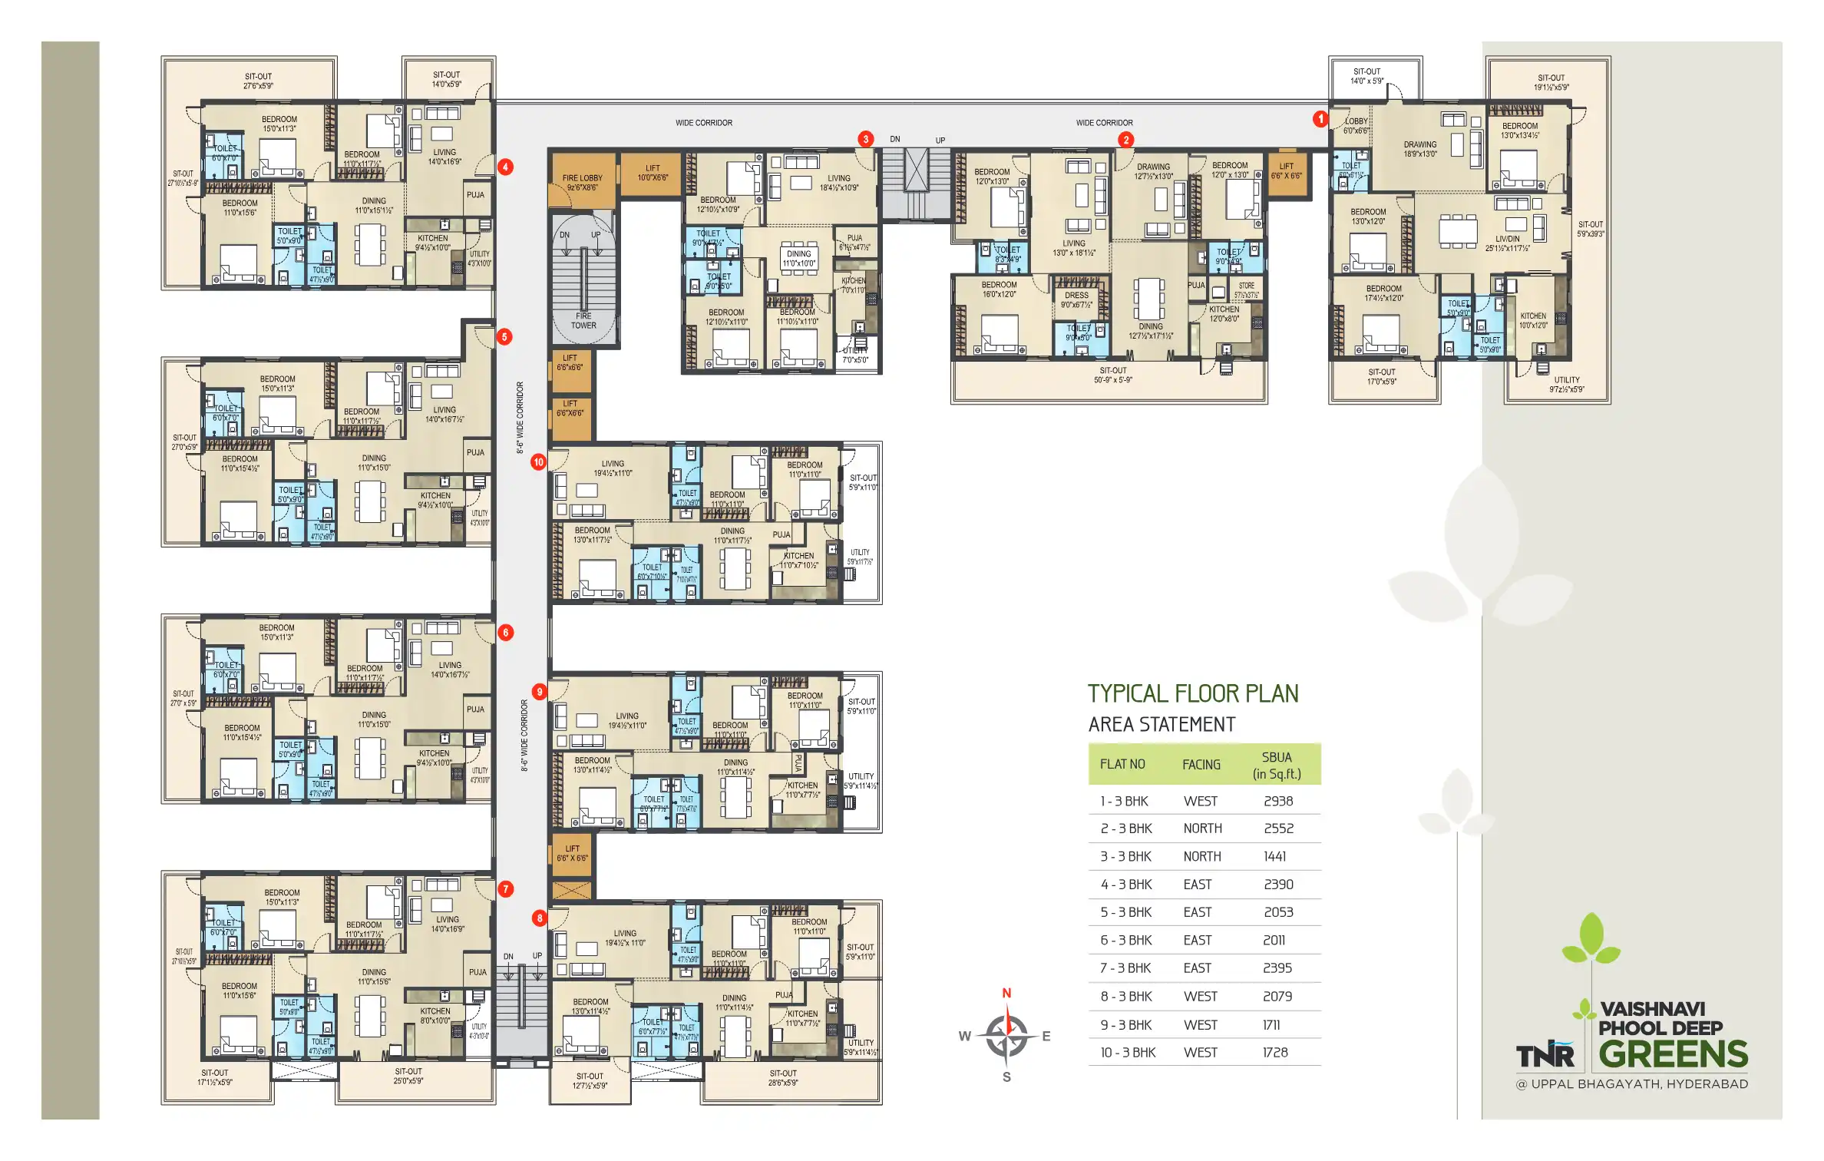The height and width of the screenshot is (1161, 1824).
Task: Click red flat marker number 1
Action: tap(1320, 119)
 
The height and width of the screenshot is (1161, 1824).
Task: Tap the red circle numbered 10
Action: tap(538, 462)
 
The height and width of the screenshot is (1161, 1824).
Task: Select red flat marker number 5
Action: tap(504, 336)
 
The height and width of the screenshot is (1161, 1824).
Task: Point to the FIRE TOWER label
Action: tap(583, 320)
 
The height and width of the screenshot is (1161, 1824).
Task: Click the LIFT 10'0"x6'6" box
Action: tap(652, 173)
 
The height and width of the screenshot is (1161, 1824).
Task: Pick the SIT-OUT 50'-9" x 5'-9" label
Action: tap(1112, 375)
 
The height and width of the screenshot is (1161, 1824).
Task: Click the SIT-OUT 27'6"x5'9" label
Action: tap(258, 81)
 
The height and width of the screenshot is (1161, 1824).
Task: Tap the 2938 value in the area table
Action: tap(1278, 801)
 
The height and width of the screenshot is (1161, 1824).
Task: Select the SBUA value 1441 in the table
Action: tap(1274, 856)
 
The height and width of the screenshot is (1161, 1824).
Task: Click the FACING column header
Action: tap(1201, 765)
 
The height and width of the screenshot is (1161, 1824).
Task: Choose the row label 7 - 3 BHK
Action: tap(1125, 968)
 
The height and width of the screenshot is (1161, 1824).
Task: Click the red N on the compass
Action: tap(1006, 993)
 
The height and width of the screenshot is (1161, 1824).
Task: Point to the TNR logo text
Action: tap(1545, 1056)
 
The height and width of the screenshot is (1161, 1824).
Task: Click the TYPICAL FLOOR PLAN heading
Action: tap(1192, 693)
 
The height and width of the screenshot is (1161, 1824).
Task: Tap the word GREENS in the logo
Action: tap(1673, 1054)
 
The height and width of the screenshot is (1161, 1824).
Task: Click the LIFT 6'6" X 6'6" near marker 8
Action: tap(572, 853)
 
